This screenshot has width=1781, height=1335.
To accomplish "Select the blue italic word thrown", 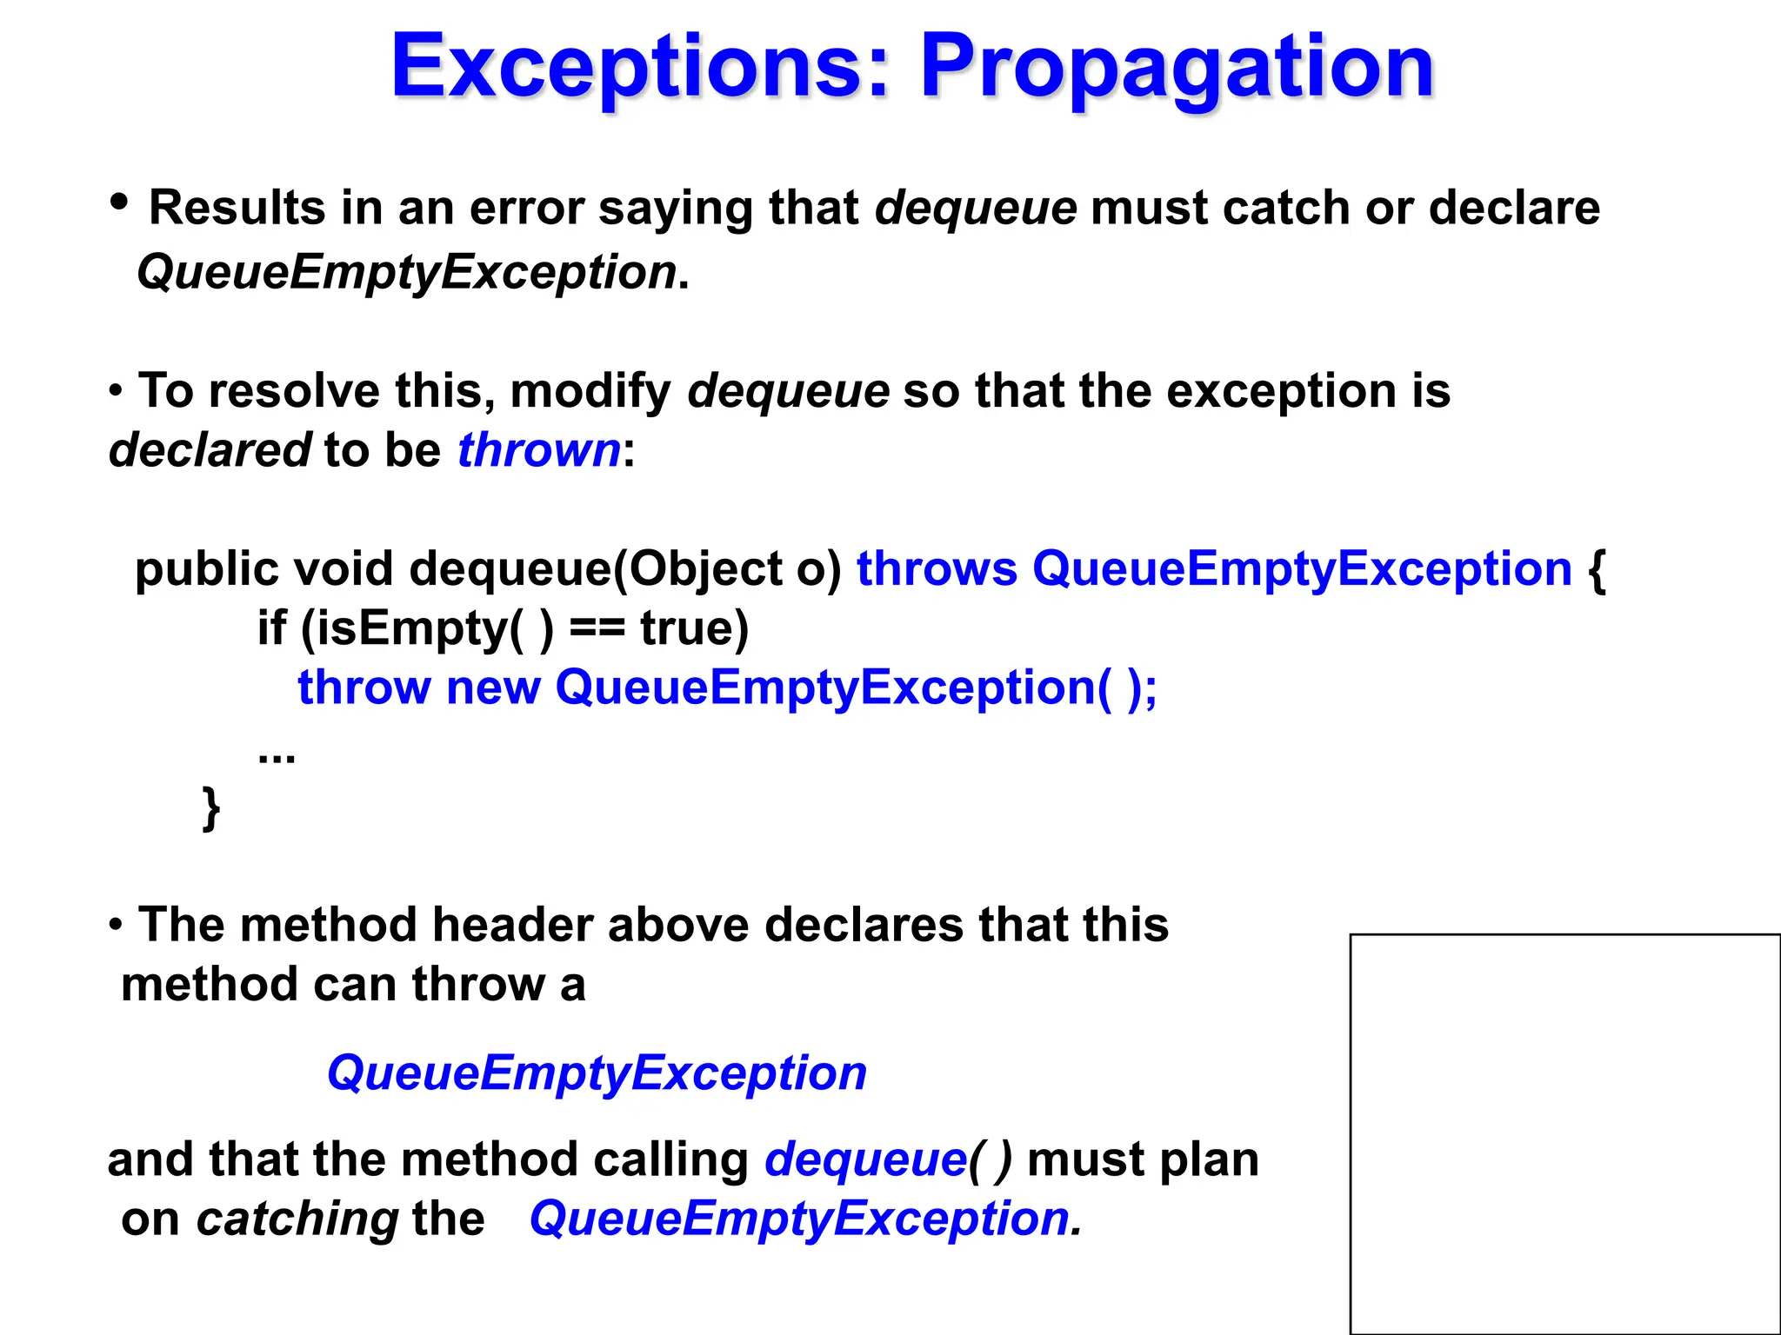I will [539, 451].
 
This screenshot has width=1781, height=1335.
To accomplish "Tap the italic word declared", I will [210, 451].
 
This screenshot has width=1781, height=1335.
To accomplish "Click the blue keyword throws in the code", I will [937, 569].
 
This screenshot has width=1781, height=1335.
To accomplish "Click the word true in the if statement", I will [693, 628].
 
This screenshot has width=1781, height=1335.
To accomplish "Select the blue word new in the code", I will [493, 687].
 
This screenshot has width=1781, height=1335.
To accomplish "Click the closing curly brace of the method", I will [210, 808].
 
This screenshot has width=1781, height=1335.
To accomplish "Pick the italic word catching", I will [297, 1219].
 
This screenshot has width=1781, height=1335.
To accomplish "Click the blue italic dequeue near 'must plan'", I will [865, 1160].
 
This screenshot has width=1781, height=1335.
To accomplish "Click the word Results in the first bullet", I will [237, 209].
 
